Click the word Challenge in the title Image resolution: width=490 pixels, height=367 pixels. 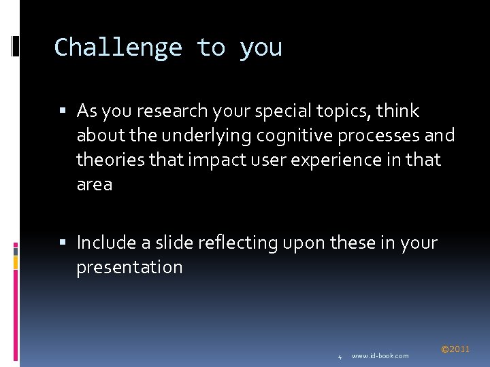[118, 48]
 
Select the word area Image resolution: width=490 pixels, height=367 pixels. [95, 185]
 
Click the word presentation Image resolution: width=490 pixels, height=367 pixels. [129, 267]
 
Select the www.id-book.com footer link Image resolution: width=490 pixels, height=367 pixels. [380, 356]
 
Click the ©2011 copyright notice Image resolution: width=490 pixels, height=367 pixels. [455, 349]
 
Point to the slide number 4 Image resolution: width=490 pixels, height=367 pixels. [340, 356]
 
